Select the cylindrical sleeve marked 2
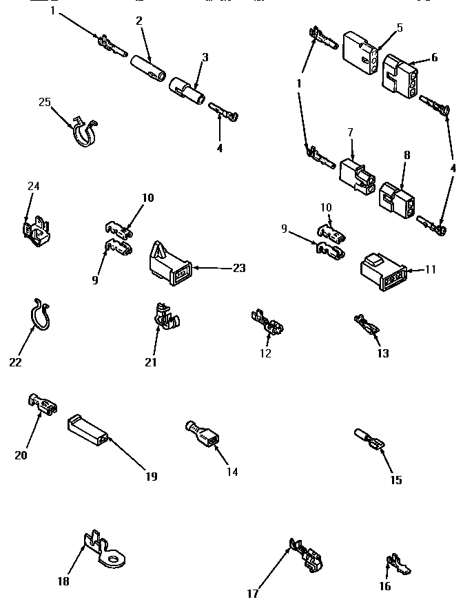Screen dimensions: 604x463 tap(149, 69)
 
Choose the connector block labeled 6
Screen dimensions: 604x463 tap(400, 75)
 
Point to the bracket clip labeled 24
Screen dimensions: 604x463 tap(34, 229)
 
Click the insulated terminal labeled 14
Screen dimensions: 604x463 tap(203, 434)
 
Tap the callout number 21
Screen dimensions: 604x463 tap(151, 362)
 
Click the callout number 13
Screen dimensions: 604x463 tap(382, 353)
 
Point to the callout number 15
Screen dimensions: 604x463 tap(395, 480)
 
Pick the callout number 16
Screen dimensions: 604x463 tap(384, 586)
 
